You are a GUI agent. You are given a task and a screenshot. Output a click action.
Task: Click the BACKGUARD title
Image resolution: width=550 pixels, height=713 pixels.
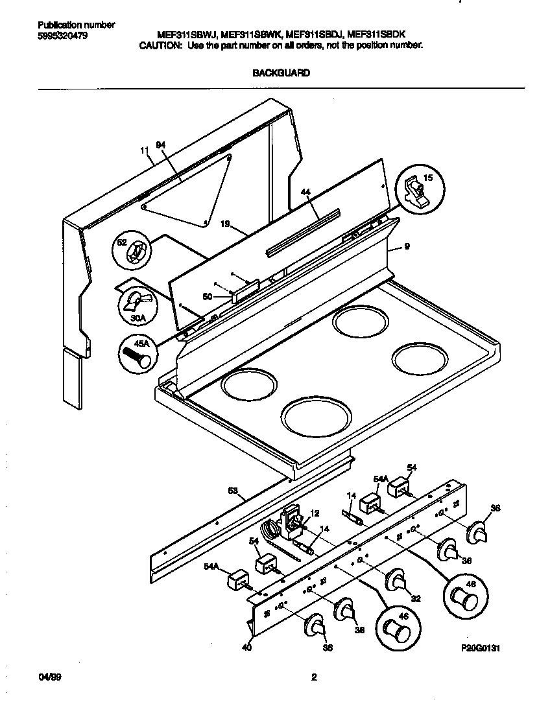[280, 73]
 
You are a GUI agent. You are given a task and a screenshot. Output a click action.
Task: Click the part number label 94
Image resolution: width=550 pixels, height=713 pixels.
[161, 146]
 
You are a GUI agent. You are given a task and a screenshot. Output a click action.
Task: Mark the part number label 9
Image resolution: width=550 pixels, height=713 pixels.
[407, 247]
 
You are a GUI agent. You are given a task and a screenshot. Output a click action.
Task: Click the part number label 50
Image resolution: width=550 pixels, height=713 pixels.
[207, 296]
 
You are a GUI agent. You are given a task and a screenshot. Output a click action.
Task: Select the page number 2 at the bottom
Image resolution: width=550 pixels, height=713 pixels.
[314, 678]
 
